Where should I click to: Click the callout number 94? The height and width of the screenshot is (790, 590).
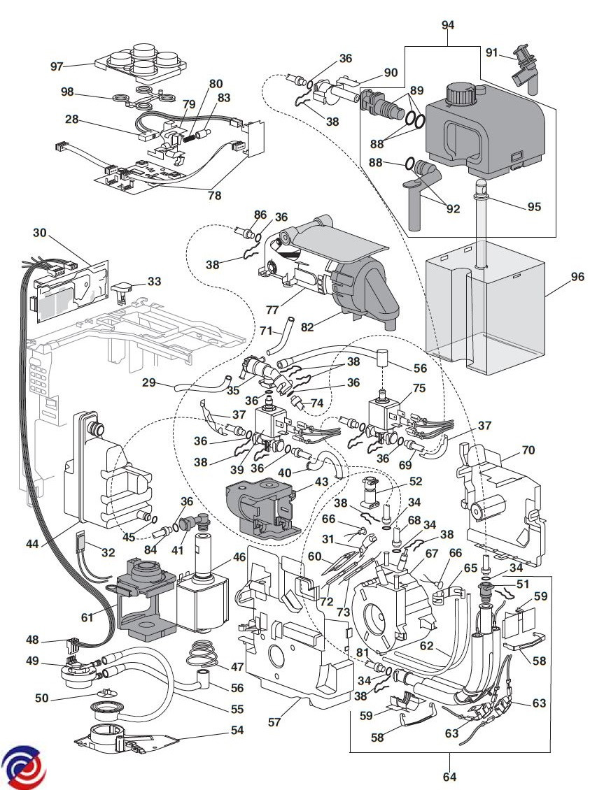(x=448, y=24)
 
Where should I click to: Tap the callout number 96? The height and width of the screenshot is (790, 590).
(x=577, y=276)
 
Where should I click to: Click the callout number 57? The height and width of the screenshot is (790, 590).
(x=274, y=721)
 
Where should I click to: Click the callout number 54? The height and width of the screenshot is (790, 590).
(x=237, y=730)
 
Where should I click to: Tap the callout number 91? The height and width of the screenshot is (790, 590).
(x=491, y=52)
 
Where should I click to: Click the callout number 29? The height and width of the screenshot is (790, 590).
(x=148, y=382)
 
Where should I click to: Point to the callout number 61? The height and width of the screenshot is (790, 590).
(x=87, y=617)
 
